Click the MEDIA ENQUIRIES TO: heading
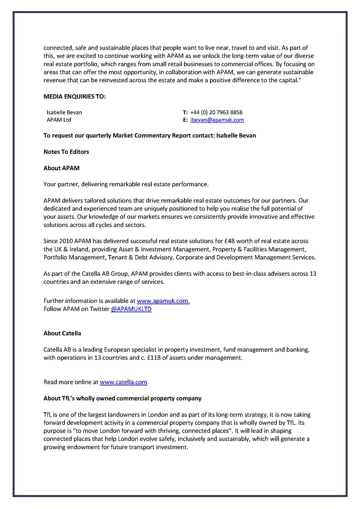pos(75,97)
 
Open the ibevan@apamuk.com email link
pos(217,120)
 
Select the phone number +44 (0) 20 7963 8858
pos(216,112)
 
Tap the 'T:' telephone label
pos(185,112)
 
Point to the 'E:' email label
pos(185,120)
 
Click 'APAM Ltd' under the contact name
pos(59,120)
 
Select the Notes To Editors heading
pos(66,152)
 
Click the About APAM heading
pos(61,168)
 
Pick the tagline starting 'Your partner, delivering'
pos(126,184)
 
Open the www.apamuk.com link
pos(163,301)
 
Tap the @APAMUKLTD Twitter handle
pos(131,309)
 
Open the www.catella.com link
pos(123,382)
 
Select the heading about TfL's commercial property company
pos(123,398)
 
